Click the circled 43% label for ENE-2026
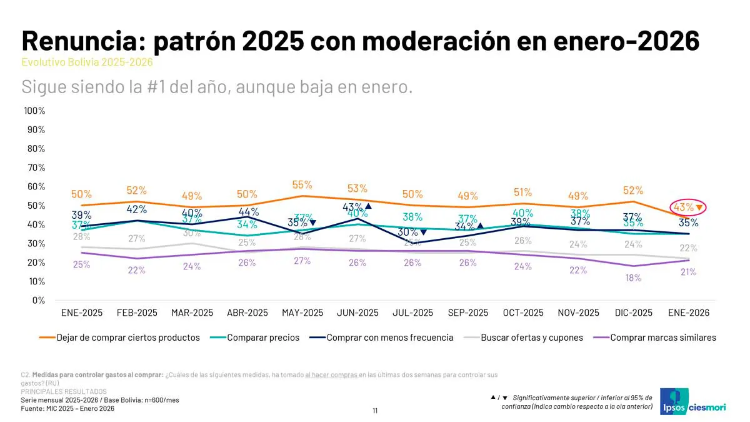point(683,207)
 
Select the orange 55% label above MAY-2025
point(302,185)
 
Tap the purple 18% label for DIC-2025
point(633,278)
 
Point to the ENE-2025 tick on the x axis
point(82,313)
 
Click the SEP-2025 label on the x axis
point(467,313)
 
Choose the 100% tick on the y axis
point(34,111)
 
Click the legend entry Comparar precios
point(263,338)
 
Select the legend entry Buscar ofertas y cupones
point(531,338)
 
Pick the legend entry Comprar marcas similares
point(662,338)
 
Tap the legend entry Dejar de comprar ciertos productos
point(128,338)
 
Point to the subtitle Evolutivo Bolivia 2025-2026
point(87,63)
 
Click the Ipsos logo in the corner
point(676,401)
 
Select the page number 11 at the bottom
point(375,411)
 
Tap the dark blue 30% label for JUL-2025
point(407,233)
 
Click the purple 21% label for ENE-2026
point(688,273)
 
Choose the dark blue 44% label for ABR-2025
point(248,212)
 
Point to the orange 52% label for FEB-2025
point(137,191)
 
